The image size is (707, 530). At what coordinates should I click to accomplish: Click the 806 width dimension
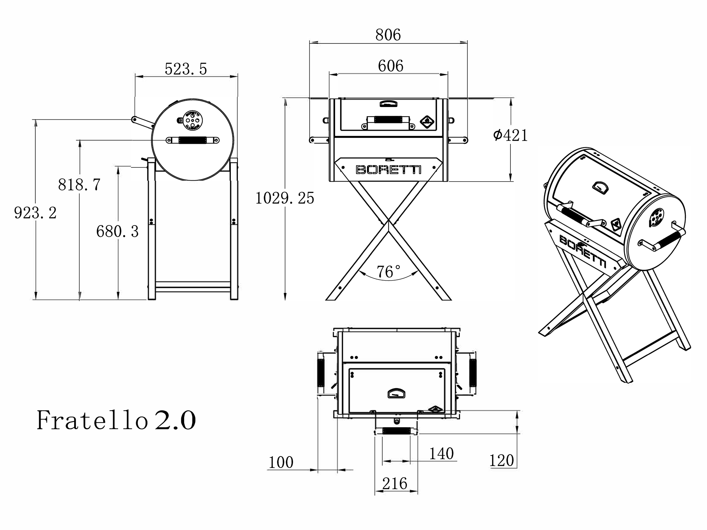(388, 35)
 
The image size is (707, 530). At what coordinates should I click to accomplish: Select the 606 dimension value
(390, 66)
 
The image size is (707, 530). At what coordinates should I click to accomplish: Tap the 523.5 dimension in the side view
(186, 69)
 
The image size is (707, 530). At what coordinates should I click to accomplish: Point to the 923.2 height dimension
(35, 213)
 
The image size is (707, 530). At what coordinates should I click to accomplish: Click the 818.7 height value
(79, 184)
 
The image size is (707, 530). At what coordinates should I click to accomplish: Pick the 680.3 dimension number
(117, 231)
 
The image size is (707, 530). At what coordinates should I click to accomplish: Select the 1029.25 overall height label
(285, 198)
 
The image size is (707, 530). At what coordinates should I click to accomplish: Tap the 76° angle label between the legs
(388, 272)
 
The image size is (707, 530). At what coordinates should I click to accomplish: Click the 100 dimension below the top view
(281, 462)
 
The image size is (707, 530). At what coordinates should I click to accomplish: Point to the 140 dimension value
(441, 454)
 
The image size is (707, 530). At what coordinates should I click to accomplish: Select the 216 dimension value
(395, 483)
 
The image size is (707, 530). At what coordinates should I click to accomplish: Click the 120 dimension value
(502, 460)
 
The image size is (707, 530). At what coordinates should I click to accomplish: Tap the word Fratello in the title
(92, 420)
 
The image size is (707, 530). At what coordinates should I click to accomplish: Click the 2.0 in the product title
(175, 420)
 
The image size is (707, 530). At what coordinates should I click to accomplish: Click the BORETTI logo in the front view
(388, 170)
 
